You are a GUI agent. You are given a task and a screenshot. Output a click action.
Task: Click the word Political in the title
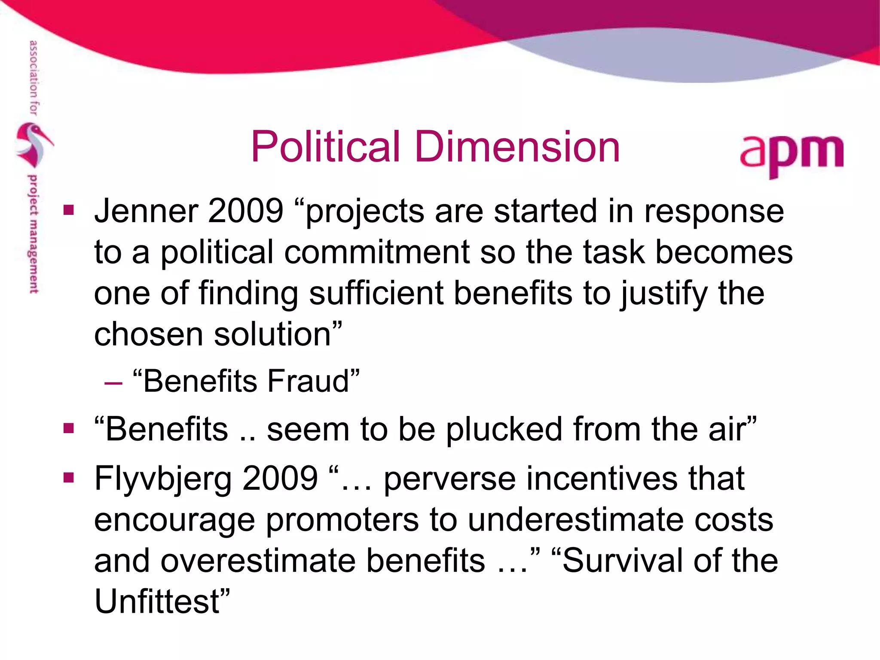[x=326, y=147]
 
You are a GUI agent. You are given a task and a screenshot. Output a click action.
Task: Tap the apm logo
[x=791, y=154]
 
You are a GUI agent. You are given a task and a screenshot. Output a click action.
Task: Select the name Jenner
[x=146, y=211]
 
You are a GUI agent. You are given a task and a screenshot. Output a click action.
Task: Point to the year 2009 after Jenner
[x=245, y=211]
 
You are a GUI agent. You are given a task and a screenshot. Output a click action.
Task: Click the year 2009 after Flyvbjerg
[x=280, y=478]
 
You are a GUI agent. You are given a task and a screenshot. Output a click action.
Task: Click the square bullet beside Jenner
[x=68, y=211]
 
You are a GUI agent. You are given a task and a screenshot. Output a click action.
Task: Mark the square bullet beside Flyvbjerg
[x=68, y=478]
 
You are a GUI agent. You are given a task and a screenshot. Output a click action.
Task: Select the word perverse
[x=449, y=479]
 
